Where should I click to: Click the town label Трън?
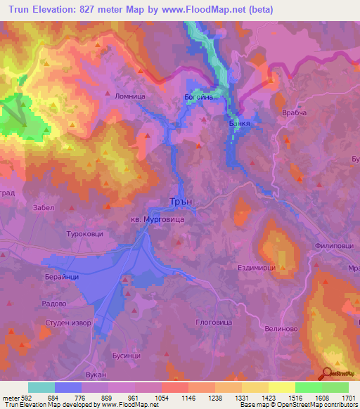click(181, 201)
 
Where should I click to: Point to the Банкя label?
click(240, 121)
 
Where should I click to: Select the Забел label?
click(44, 207)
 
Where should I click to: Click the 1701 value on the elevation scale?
click(347, 398)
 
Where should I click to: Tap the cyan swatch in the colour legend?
click(41, 387)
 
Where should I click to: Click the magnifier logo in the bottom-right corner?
click(328, 375)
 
